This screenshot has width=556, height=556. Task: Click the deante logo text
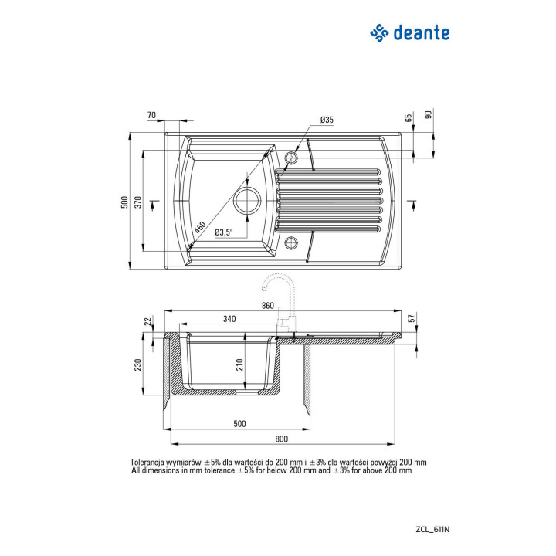point(422,33)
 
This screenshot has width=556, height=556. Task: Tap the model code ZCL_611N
point(432,530)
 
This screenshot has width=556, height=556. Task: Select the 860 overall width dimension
point(268,305)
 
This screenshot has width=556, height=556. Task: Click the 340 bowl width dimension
point(229,319)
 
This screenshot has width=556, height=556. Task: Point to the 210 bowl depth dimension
point(240,364)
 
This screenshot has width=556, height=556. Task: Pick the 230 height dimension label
point(138,364)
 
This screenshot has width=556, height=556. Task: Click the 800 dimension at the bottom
point(282,439)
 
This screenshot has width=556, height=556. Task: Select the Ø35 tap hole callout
point(327,120)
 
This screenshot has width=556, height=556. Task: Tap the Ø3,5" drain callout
point(224,232)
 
